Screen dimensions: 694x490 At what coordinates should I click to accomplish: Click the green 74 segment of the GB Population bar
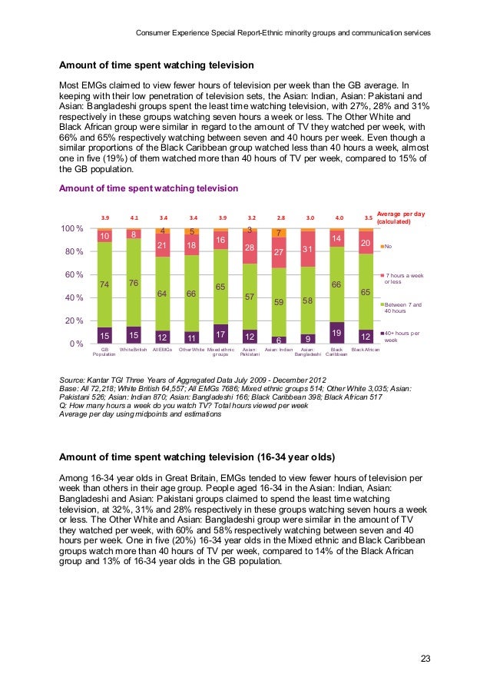coord(104,284)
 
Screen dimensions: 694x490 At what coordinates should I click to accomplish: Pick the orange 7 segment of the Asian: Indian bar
coord(280,233)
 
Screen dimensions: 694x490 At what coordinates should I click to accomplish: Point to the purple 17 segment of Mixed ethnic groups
coord(221,334)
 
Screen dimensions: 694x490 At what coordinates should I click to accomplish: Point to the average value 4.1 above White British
coord(134,217)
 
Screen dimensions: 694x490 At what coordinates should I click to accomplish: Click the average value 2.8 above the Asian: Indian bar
coord(280,217)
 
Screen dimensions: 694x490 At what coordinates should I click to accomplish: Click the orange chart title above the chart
coord(148,188)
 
